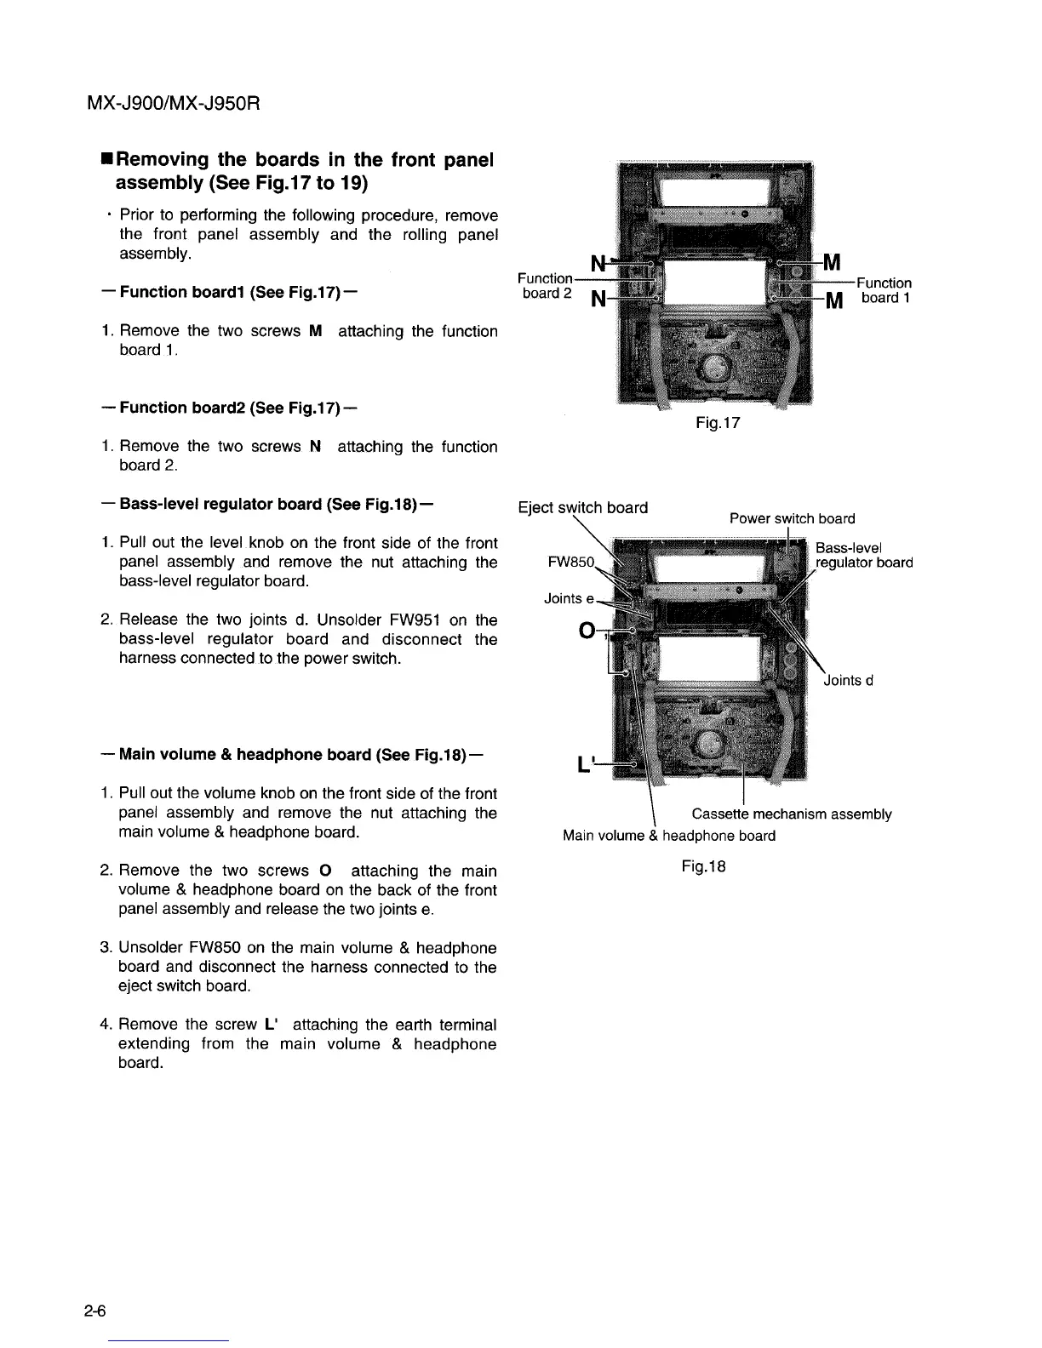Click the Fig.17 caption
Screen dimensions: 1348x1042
pyautogui.click(x=719, y=422)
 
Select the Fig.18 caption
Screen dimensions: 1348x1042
pyautogui.click(x=703, y=866)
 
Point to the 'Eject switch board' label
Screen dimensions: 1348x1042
pyautogui.click(x=583, y=508)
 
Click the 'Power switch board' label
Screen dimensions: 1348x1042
pyautogui.click(x=792, y=518)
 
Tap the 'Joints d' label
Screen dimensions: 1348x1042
pyautogui.click(x=849, y=680)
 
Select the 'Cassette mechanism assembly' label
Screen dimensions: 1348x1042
pyautogui.click(x=792, y=814)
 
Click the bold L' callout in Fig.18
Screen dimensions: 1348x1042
pyautogui.click(x=585, y=765)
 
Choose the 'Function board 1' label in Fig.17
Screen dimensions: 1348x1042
pyautogui.click(x=885, y=290)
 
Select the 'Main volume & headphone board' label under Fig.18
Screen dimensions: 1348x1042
pyautogui.click(x=669, y=836)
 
